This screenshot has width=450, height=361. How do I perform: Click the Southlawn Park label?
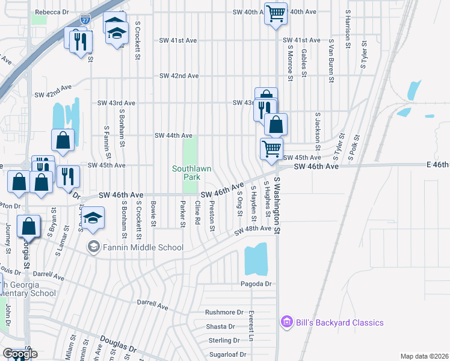coord(191,173)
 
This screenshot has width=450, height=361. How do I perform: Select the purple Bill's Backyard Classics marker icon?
coord(286,322)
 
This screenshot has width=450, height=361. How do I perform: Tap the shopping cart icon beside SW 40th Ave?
coord(276,13)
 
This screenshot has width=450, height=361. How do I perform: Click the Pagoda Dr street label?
coord(256,283)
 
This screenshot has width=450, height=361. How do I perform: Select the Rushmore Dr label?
coord(224,312)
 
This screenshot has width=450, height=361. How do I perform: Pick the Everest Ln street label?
coord(251,326)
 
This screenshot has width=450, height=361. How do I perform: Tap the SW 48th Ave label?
coord(253,229)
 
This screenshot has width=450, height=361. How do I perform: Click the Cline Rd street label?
coord(197,214)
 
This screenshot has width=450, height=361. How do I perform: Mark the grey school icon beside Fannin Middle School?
coord(93,247)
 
